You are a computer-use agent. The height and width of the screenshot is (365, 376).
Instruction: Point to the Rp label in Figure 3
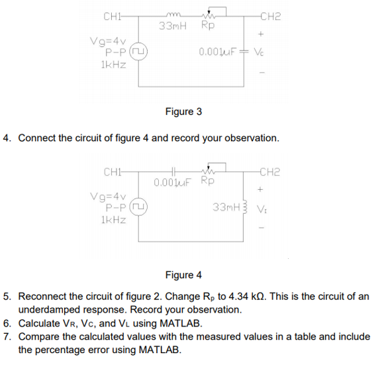point(207,27)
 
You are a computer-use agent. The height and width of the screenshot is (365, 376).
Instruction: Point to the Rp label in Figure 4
point(207,181)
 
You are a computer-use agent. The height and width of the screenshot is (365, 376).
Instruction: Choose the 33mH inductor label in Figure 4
point(226,207)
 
